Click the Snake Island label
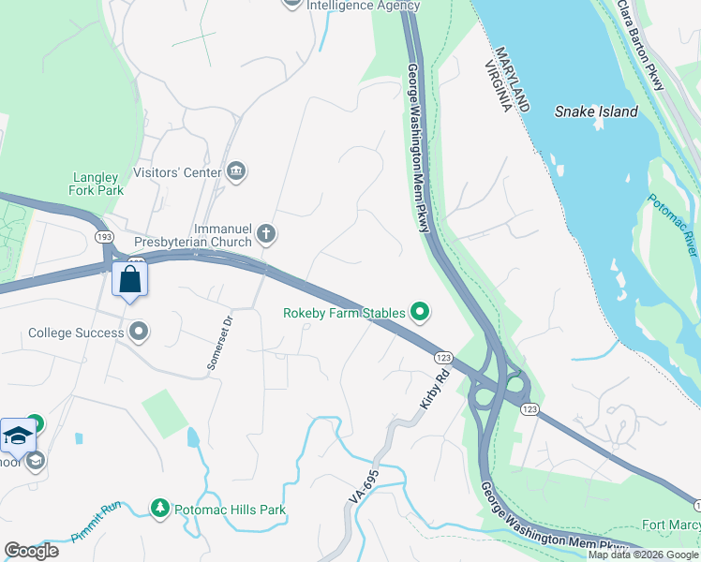596,111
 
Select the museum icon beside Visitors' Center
237,171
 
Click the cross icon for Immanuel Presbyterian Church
266,233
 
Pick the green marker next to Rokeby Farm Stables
421,313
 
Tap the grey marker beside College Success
140,332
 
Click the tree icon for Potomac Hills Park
160,509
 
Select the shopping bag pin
129,279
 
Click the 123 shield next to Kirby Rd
443,357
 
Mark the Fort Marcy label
670,525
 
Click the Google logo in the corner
31,551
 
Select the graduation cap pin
18,436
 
